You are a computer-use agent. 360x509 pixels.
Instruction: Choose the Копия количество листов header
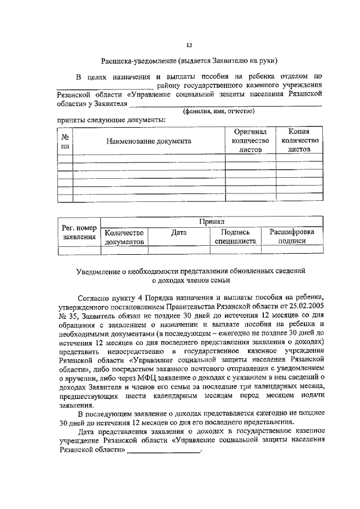tap(299, 141)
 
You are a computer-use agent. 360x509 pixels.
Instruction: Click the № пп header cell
tap(65, 141)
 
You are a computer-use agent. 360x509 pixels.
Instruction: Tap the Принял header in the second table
tap(211, 222)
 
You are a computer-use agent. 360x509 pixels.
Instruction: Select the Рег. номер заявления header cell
tap(79, 232)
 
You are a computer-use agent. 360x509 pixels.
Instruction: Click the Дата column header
tap(178, 232)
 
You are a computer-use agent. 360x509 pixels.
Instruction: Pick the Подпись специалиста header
tap(235, 236)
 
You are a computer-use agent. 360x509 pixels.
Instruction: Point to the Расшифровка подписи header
tap(291, 236)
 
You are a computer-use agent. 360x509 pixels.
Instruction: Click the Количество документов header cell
tap(124, 236)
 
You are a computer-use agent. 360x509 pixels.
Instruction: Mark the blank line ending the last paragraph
tap(164, 451)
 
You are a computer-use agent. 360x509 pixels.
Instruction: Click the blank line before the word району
tap(105, 86)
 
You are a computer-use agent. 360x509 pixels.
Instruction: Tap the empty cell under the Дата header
tap(178, 251)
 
